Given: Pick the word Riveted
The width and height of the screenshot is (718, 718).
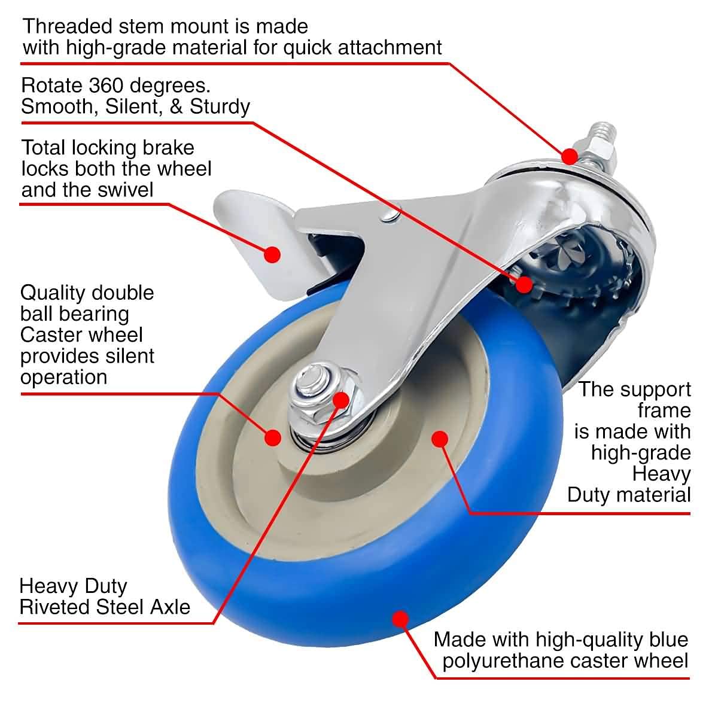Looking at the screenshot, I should pyautogui.click(x=54, y=607).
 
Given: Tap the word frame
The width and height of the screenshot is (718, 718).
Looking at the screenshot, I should pyautogui.click(x=664, y=410).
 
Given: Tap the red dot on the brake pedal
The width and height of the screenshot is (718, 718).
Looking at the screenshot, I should pyautogui.click(x=272, y=254).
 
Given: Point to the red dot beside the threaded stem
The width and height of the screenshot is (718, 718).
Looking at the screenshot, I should pyautogui.click(x=569, y=156).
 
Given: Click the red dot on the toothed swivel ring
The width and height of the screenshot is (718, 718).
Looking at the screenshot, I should pyautogui.click(x=524, y=284).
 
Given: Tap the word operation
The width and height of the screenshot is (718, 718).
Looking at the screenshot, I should pyautogui.click(x=63, y=377).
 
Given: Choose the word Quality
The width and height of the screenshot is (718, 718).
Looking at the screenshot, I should pyautogui.click(x=53, y=293).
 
